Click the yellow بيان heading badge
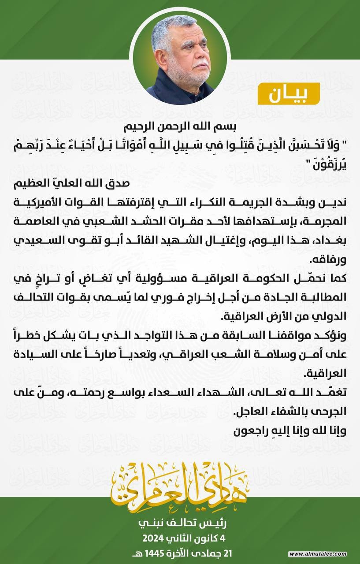(x=294, y=93)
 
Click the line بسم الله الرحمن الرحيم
(x=179, y=126)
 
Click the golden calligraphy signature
(x=180, y=485)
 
